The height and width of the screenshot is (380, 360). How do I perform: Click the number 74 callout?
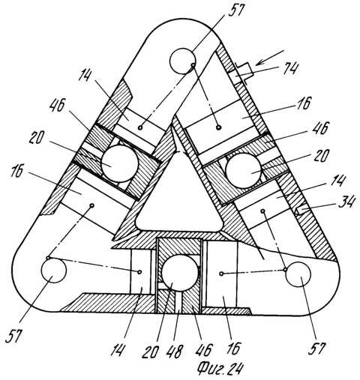290,67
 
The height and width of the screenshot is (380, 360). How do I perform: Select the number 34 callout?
346,202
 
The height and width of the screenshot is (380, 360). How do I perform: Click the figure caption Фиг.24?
220,369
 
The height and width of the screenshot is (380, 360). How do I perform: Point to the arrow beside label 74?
270,58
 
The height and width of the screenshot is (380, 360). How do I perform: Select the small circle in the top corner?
182,61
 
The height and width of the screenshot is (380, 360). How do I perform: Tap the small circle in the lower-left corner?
54,271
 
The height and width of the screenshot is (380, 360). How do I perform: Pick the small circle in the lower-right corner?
298,274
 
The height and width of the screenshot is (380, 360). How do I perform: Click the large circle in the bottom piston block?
180,273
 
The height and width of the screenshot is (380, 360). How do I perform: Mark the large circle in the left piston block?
120,163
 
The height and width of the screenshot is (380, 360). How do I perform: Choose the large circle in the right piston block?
243,171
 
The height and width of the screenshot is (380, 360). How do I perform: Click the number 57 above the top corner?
234,10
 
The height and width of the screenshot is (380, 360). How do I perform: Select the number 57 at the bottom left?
13,336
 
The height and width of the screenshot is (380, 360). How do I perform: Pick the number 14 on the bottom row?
117,350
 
